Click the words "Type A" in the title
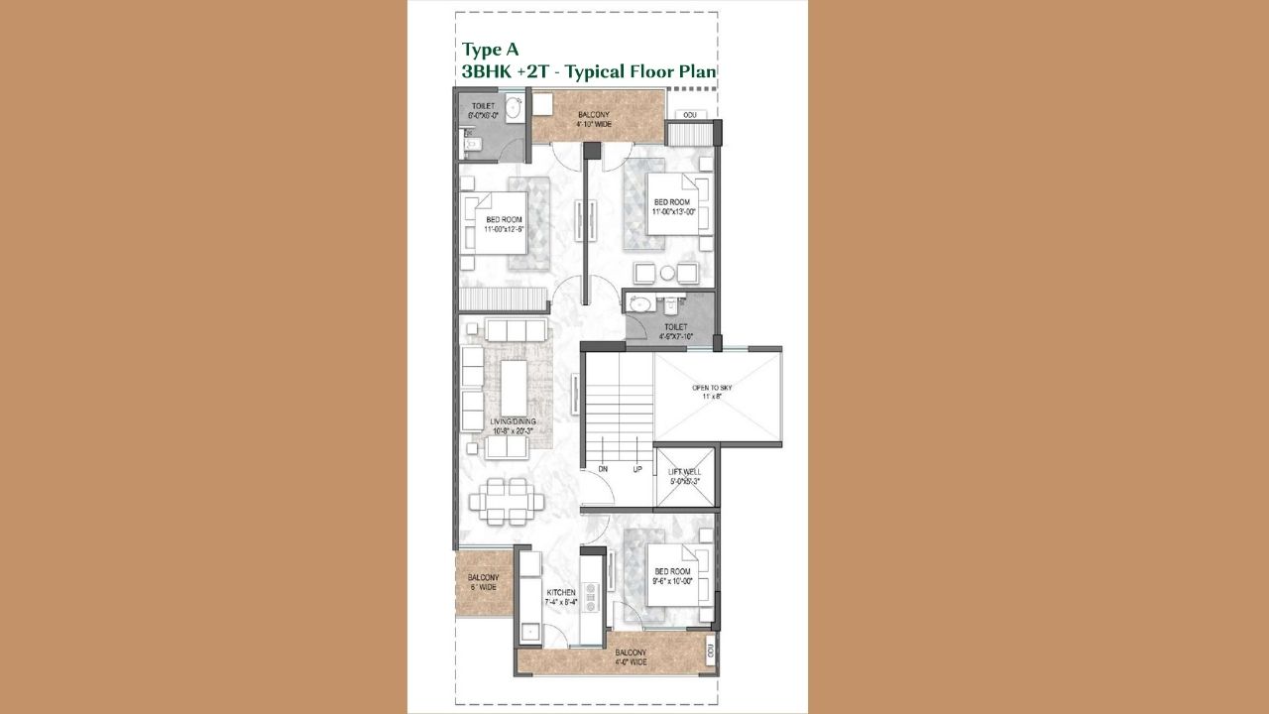[490, 49]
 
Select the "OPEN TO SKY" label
[712, 387]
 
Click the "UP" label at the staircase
[637, 469]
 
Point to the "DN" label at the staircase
[602, 469]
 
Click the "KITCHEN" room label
[560, 593]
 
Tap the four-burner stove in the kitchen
[591, 594]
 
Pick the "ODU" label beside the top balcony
[689, 115]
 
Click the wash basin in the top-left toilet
[514, 107]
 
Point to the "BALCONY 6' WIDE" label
[483, 582]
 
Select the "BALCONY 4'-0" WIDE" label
[630, 656]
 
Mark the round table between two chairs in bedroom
[667, 273]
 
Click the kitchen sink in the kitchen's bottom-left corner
[529, 630]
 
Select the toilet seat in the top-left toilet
[474, 145]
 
